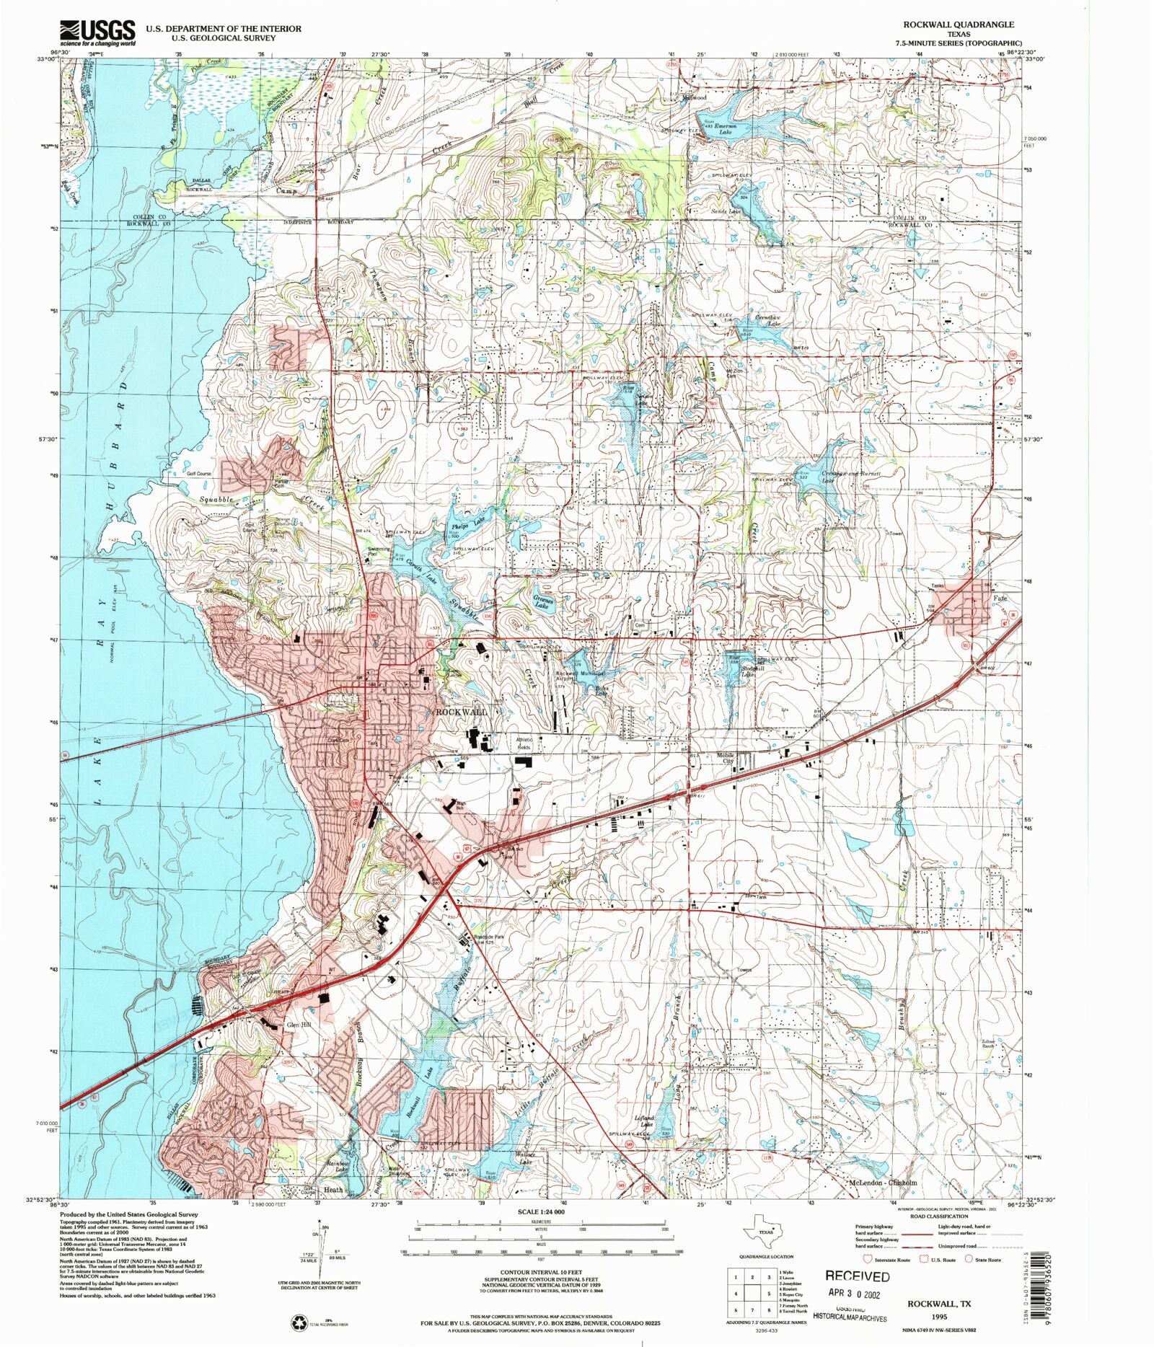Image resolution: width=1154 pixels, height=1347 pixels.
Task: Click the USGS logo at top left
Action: [97, 32]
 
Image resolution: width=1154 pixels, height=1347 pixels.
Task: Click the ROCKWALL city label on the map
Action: [462, 712]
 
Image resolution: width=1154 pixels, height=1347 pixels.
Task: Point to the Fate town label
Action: [999, 599]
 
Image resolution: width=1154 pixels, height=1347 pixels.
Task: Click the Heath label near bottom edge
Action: [333, 1190]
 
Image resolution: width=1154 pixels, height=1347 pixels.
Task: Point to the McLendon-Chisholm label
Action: [883, 1183]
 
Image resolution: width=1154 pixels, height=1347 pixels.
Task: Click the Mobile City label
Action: [725, 759]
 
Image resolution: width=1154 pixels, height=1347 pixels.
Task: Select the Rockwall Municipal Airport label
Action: [581, 676]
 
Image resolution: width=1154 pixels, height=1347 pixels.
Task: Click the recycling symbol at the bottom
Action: [299, 1323]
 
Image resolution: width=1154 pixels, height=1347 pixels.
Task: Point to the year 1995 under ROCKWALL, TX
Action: [938, 1317]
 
